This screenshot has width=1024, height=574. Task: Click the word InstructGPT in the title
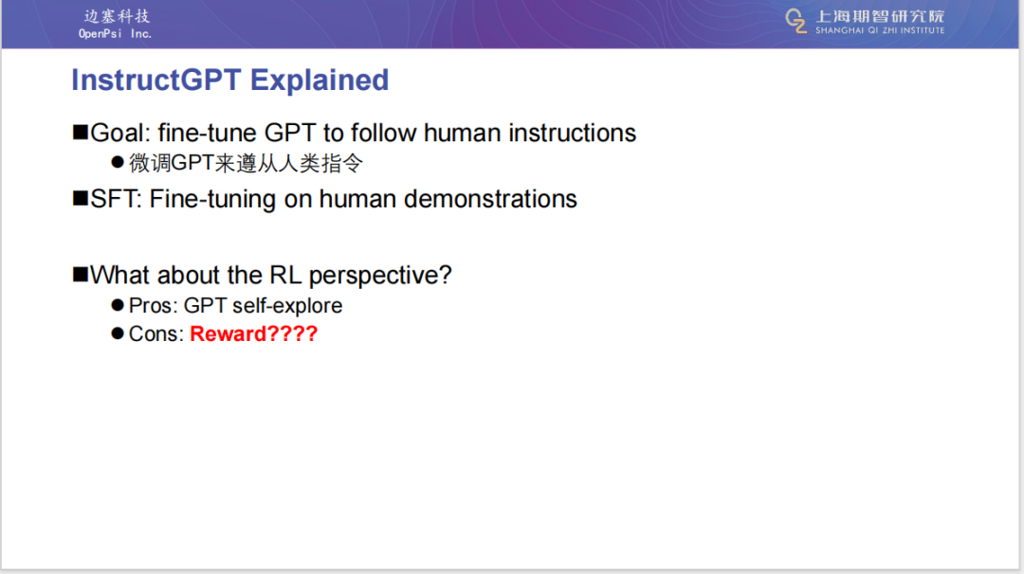click(x=156, y=81)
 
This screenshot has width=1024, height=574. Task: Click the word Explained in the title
click(x=320, y=81)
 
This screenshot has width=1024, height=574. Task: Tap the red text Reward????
click(x=253, y=334)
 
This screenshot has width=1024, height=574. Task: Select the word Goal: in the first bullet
click(x=120, y=133)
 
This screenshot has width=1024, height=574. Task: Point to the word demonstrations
click(x=490, y=199)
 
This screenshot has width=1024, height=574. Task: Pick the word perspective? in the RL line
click(x=380, y=277)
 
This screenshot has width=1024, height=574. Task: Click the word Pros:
click(x=154, y=305)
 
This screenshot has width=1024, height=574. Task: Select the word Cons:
click(x=156, y=334)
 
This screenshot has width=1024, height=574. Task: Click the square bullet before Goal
click(x=81, y=133)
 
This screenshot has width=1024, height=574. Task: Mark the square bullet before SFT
click(x=81, y=198)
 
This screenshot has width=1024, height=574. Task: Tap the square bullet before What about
click(x=81, y=275)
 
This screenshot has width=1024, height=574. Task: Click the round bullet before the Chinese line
click(x=118, y=162)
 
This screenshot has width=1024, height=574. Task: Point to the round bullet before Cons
click(x=118, y=333)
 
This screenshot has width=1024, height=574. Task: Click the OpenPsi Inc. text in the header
click(x=115, y=34)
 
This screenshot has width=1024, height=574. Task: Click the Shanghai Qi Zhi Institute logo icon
click(x=796, y=21)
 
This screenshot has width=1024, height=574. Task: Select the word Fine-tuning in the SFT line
click(x=212, y=200)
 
